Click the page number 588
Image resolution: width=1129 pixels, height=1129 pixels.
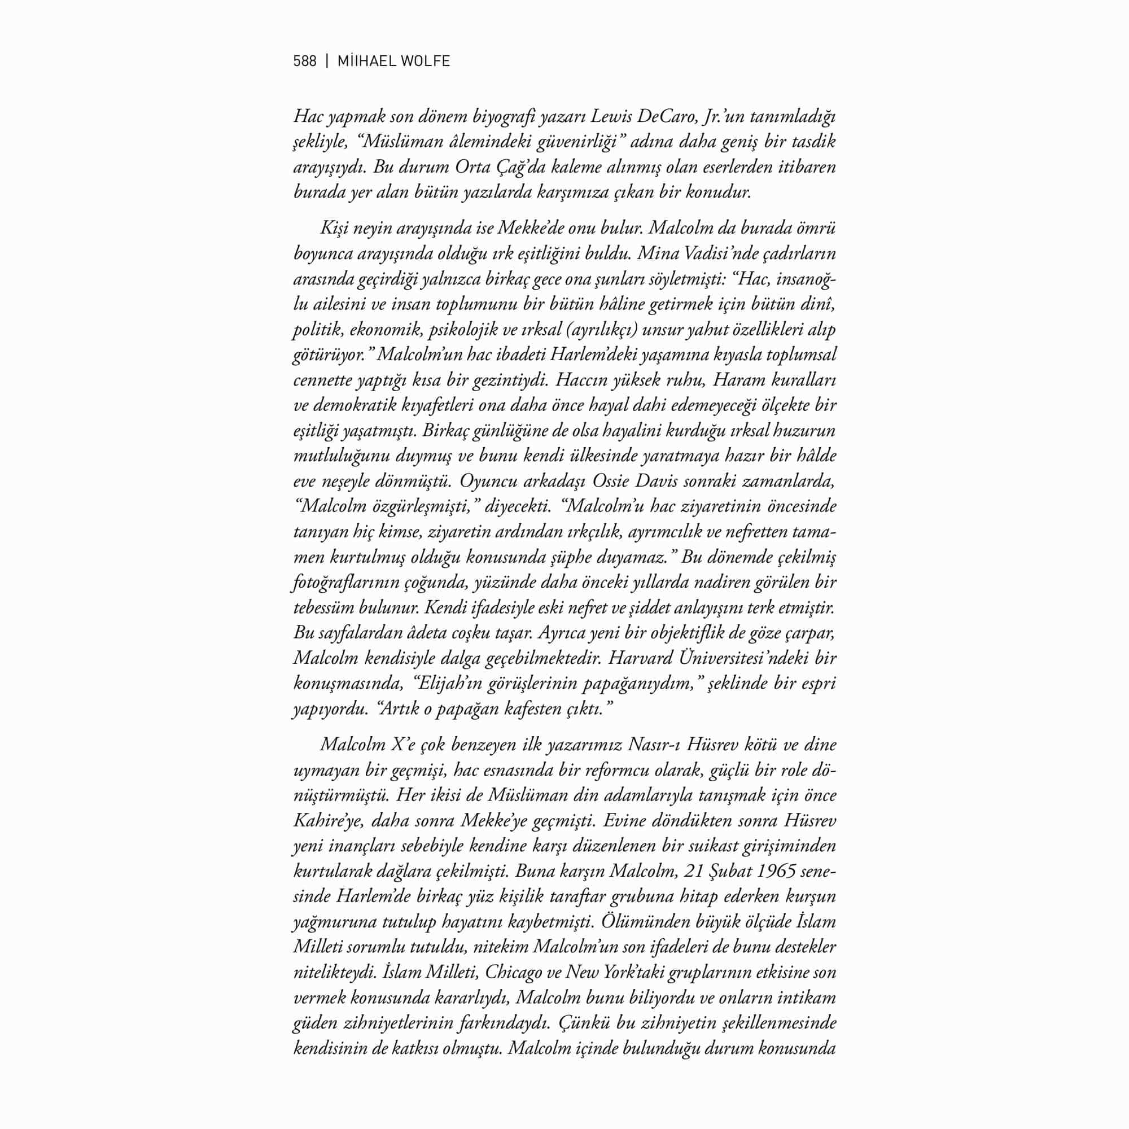point(304,62)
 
